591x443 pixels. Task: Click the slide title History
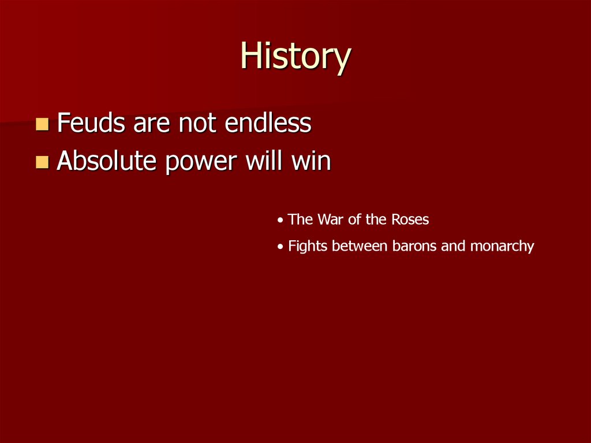[x=295, y=57]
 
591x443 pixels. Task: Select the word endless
[x=268, y=123]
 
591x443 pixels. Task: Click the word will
[x=263, y=161]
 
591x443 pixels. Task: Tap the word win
[x=311, y=161]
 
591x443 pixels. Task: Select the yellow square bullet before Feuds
[x=42, y=124]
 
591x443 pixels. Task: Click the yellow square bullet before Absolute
[x=42, y=162]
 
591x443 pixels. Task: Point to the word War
[x=331, y=219]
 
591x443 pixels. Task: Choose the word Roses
[x=410, y=219]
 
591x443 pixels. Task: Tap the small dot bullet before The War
[x=280, y=221]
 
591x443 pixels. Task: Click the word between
[x=352, y=246]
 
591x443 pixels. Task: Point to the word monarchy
[x=502, y=247]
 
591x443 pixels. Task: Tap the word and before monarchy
[x=452, y=246]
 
